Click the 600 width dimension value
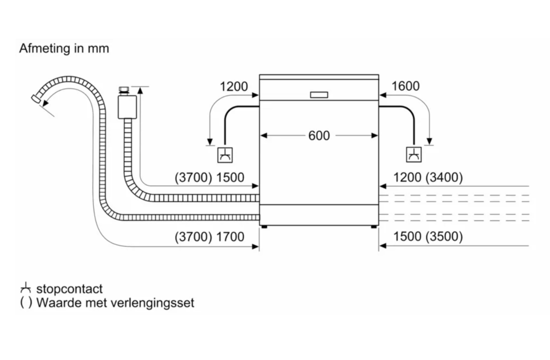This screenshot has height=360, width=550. (x=319, y=135)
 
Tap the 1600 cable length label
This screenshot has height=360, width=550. (x=405, y=86)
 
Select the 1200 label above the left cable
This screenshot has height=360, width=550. (x=233, y=86)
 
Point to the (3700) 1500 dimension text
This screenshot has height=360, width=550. (x=209, y=177)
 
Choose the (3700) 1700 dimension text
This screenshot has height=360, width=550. (x=209, y=236)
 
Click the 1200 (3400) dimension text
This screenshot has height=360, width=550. (x=428, y=177)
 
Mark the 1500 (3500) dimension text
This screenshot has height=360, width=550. (x=428, y=236)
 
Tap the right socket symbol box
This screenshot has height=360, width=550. (x=414, y=155)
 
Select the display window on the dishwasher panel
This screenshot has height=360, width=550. (x=319, y=94)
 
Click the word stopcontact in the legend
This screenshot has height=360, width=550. (x=69, y=289)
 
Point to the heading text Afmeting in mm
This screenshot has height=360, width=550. (x=64, y=48)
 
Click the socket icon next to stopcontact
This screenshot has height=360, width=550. (x=26, y=289)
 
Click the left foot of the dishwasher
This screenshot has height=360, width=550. (x=263, y=226)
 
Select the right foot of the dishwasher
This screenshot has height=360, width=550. (x=374, y=226)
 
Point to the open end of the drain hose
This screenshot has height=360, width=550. (x=35, y=98)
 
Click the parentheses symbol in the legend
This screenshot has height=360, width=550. (x=25, y=302)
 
